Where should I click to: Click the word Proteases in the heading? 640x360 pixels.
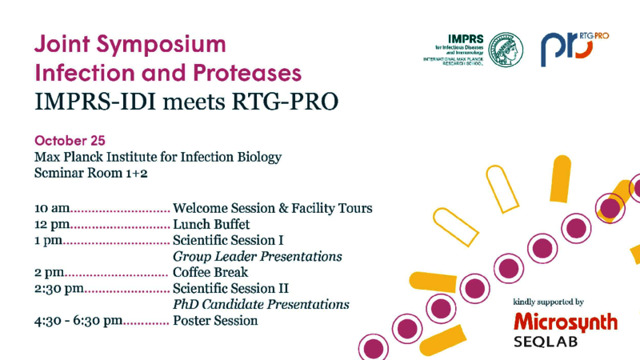[247, 73]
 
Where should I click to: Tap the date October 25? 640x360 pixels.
[70, 141]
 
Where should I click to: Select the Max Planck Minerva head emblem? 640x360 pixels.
[506, 50]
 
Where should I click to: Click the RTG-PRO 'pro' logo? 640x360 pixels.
[574, 49]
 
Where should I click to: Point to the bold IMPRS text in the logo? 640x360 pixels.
[466, 39]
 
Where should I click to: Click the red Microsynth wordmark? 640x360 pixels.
[566, 322]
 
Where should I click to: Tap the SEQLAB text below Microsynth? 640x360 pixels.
[546, 342]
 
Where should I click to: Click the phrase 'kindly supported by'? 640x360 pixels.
[548, 302]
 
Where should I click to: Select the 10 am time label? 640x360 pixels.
[52, 208]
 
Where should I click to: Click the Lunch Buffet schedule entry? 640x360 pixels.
[211, 225]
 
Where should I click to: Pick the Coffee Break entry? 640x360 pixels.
[210, 272]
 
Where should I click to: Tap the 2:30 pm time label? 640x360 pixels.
[59, 289]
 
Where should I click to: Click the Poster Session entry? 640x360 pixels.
[215, 321]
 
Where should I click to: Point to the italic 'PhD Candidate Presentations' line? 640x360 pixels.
[261, 305]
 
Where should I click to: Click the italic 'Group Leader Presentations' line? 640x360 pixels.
[257, 256]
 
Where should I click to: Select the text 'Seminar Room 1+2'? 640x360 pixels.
[90, 173]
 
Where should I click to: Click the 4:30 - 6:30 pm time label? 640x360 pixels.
[78, 321]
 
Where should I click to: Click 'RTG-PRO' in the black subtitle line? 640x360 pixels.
[285, 102]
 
